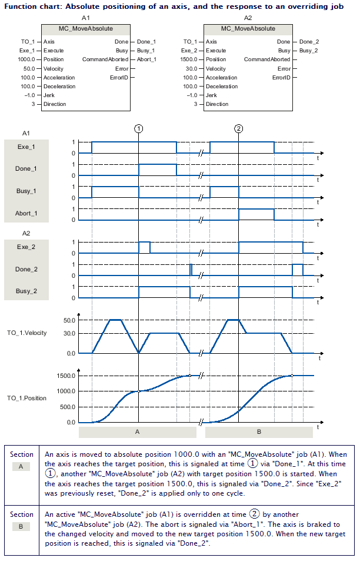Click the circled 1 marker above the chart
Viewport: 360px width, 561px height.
[138, 128]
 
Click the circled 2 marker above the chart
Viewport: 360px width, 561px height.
[238, 128]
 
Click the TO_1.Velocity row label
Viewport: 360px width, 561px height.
[26, 333]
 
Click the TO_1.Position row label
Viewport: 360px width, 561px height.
[26, 398]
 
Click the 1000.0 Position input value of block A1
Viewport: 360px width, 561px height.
[26, 59]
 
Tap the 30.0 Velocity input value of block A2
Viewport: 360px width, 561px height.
[192, 68]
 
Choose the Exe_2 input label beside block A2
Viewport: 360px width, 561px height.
[191, 51]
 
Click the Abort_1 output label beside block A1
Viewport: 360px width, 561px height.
[146, 59]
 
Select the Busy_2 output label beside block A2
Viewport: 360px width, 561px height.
[309, 51]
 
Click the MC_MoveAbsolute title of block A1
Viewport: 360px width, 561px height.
[86, 28]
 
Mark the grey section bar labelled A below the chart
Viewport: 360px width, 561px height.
[138, 432]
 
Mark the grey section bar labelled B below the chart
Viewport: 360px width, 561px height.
[259, 432]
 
